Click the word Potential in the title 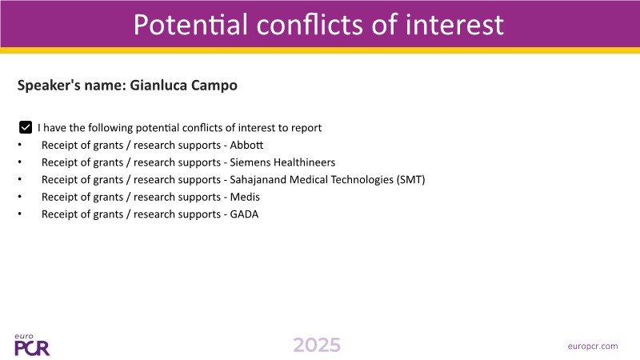[x=190, y=25]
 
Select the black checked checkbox [x=26, y=127]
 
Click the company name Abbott [x=246, y=145]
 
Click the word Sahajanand [x=258, y=179]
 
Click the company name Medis [x=245, y=197]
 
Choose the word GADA [x=244, y=214]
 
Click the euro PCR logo [x=32, y=345]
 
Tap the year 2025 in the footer [x=317, y=346]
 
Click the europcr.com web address [x=593, y=346]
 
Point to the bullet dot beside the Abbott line [x=19, y=145]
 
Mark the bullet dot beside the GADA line [x=19, y=214]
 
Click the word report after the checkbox [x=306, y=128]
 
